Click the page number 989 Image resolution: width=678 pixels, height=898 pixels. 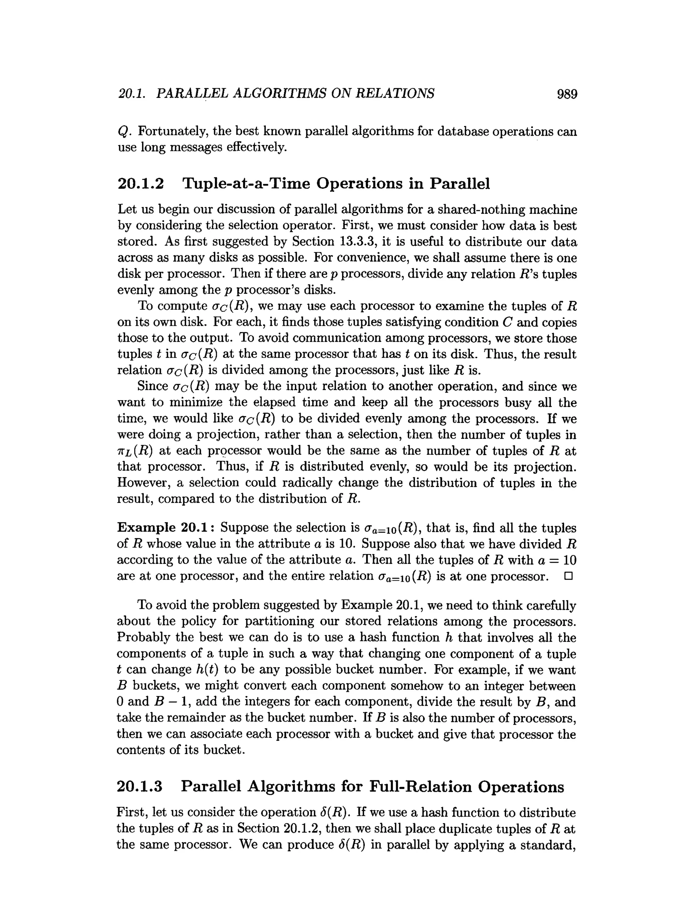click(566, 94)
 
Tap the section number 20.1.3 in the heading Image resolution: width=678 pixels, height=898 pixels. click(139, 786)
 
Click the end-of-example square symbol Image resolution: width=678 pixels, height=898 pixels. click(568, 576)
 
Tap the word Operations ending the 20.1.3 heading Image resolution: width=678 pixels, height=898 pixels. click(520, 786)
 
